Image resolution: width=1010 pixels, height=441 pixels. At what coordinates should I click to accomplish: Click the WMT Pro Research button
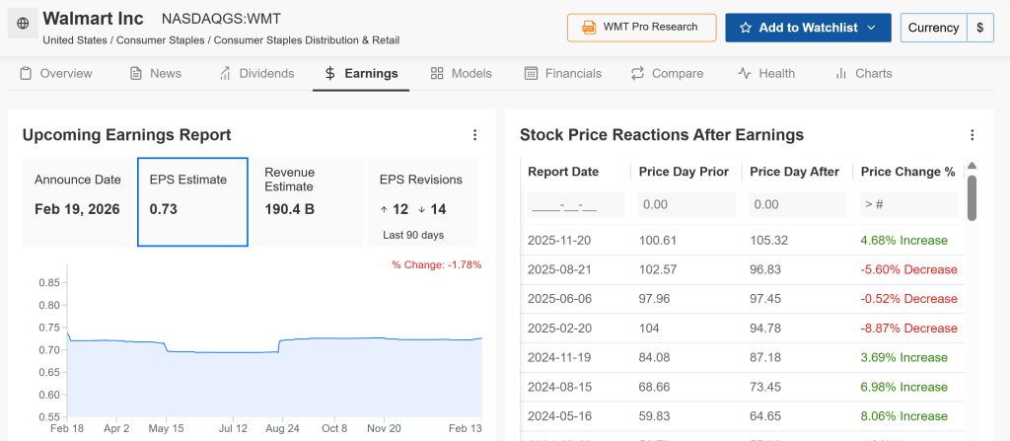tap(641, 28)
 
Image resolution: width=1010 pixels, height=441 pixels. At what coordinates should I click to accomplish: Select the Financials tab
tap(562, 73)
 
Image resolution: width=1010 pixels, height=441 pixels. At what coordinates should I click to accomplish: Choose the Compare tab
tap(667, 73)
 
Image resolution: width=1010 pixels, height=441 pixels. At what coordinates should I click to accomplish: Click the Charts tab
tap(863, 73)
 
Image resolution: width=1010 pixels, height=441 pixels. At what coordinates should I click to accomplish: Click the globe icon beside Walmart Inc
tap(23, 24)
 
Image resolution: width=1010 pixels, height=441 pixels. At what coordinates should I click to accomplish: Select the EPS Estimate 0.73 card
tap(192, 201)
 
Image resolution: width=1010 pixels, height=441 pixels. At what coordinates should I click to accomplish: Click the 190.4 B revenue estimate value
tap(289, 209)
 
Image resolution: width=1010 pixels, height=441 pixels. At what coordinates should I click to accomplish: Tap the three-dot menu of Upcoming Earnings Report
tap(474, 135)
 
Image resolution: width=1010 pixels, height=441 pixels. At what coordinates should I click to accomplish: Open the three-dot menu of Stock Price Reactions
tap(973, 135)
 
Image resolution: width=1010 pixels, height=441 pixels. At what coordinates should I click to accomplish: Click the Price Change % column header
tap(907, 172)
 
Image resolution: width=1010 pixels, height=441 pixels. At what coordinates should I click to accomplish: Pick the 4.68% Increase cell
tap(903, 240)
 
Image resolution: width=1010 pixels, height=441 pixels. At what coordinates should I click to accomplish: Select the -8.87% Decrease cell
tap(908, 329)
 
